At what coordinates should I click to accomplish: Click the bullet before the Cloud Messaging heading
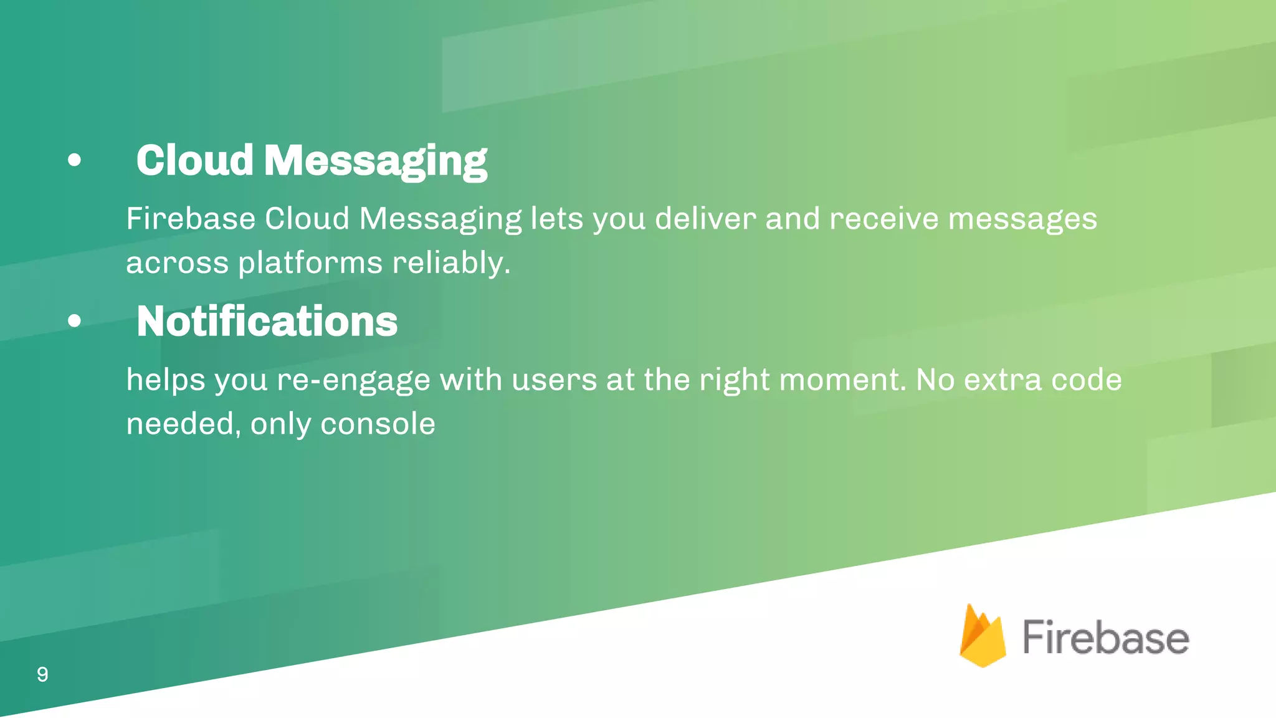(74, 161)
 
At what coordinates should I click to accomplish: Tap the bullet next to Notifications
(74, 322)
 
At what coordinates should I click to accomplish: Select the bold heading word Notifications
(267, 322)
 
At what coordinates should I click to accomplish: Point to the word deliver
(705, 219)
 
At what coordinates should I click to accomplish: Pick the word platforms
(310, 263)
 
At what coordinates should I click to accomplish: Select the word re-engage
(353, 380)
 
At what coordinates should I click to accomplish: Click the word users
(554, 380)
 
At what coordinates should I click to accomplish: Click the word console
(378, 424)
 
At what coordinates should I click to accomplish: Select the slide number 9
(42, 674)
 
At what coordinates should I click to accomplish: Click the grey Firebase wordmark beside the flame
(1105, 638)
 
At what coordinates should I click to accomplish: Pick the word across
(177, 263)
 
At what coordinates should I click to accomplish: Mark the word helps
(165, 380)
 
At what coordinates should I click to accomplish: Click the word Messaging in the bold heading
(375, 161)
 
